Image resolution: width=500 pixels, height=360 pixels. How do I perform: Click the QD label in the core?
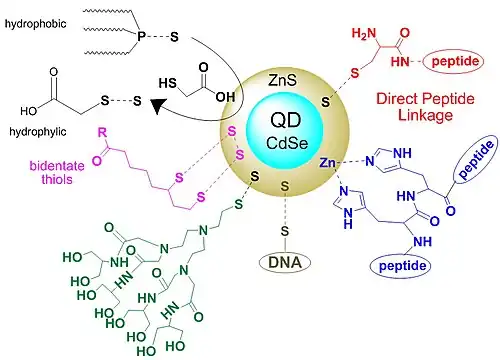click(x=286, y=120)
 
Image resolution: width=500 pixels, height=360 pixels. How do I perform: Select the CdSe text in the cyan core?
click(x=287, y=143)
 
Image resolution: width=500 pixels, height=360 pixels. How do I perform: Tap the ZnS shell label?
click(x=282, y=80)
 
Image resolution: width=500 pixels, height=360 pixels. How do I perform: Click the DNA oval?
click(x=285, y=262)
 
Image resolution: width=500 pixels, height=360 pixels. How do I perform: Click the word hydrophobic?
click(x=35, y=24)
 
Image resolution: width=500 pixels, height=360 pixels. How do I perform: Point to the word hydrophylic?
click(x=38, y=132)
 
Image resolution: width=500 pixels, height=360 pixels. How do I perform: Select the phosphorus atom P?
click(x=141, y=36)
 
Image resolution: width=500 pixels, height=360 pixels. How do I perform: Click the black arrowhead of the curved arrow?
click(x=156, y=106)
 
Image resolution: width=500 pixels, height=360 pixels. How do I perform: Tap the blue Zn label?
click(x=327, y=163)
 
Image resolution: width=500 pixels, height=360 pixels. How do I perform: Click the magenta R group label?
click(x=102, y=133)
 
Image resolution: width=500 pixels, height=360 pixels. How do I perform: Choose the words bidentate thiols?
click(x=57, y=172)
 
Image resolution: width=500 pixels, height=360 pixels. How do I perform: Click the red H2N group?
click(x=364, y=33)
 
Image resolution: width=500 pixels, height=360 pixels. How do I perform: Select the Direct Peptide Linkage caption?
click(x=425, y=107)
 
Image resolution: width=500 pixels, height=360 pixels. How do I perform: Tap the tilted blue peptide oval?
click(x=476, y=159)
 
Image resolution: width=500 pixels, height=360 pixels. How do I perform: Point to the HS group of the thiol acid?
click(x=167, y=83)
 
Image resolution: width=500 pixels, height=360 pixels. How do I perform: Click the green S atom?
click(x=238, y=204)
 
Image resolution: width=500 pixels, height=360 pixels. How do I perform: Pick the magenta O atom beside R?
click(x=97, y=161)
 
